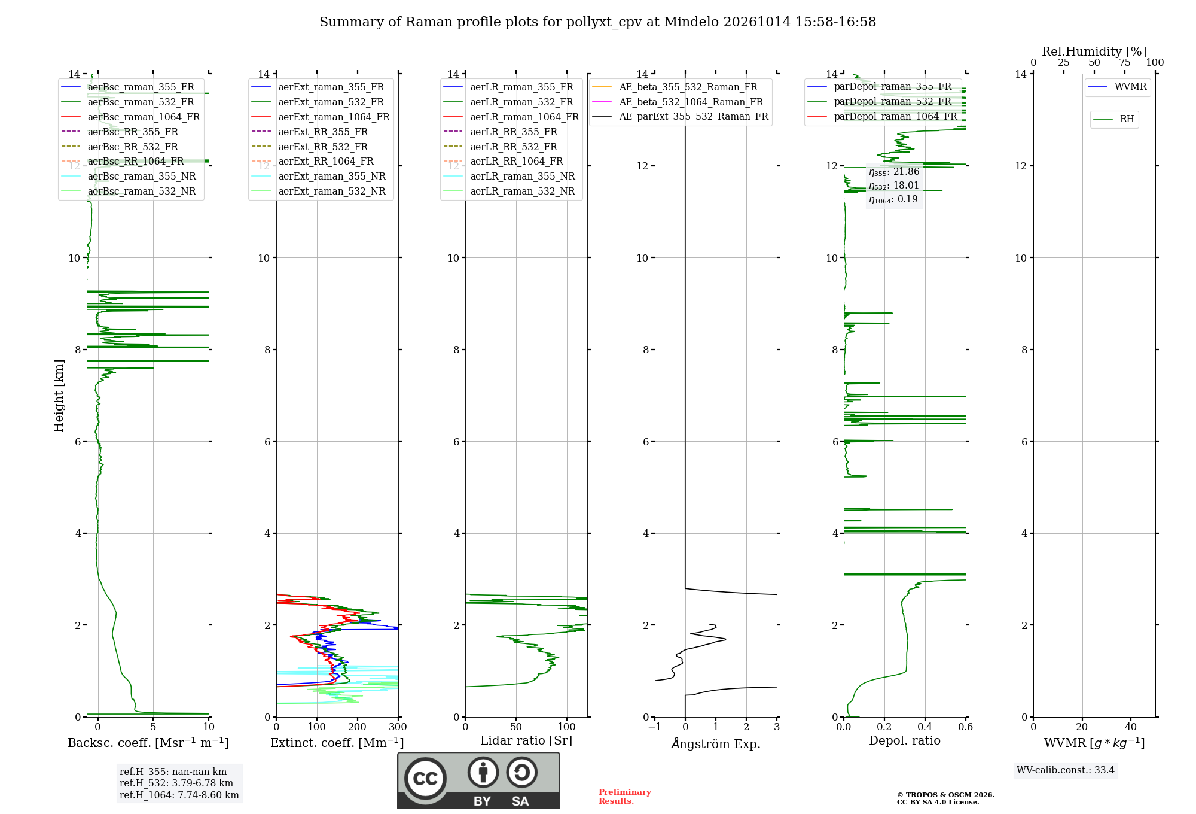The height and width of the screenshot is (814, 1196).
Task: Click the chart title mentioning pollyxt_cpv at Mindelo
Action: (x=597, y=22)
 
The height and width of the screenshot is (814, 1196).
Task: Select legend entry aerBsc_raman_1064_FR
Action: (x=144, y=117)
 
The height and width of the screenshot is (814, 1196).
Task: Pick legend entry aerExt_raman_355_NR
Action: (x=332, y=176)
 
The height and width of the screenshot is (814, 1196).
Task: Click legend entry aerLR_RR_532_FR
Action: (x=514, y=147)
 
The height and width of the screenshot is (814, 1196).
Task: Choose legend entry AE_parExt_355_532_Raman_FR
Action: (x=694, y=116)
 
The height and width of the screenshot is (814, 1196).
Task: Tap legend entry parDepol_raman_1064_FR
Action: (x=895, y=116)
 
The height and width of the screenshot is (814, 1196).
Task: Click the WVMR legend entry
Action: (x=1130, y=87)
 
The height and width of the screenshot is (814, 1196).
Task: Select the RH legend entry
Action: (x=1127, y=119)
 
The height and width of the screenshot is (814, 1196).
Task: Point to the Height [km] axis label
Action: (x=59, y=396)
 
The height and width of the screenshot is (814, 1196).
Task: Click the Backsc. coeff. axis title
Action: (x=148, y=743)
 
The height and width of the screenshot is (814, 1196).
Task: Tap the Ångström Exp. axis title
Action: (x=716, y=743)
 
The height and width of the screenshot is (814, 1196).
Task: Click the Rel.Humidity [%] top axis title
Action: (x=1094, y=51)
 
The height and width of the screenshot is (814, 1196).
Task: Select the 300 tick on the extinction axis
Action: (x=398, y=727)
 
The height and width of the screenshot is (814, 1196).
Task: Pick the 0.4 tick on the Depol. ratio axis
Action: (x=925, y=727)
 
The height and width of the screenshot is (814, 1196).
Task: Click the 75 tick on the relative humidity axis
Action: (x=1125, y=63)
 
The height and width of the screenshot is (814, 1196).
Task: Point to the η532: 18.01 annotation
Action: (x=894, y=186)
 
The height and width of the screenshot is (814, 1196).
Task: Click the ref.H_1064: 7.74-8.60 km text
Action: (x=179, y=795)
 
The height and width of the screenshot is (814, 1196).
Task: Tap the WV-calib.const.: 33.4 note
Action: (x=1066, y=770)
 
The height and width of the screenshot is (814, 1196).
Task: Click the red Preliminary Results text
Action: (x=625, y=797)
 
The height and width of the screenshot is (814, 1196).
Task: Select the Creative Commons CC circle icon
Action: (x=425, y=779)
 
